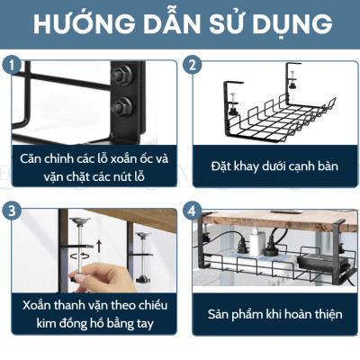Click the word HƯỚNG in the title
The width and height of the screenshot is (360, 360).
[79, 24]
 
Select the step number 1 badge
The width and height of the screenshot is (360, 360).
[11, 65]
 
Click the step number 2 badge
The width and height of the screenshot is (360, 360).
[191, 65]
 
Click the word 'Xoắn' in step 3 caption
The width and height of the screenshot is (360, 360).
[42, 304]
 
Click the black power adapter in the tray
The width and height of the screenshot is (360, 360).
[320, 261]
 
